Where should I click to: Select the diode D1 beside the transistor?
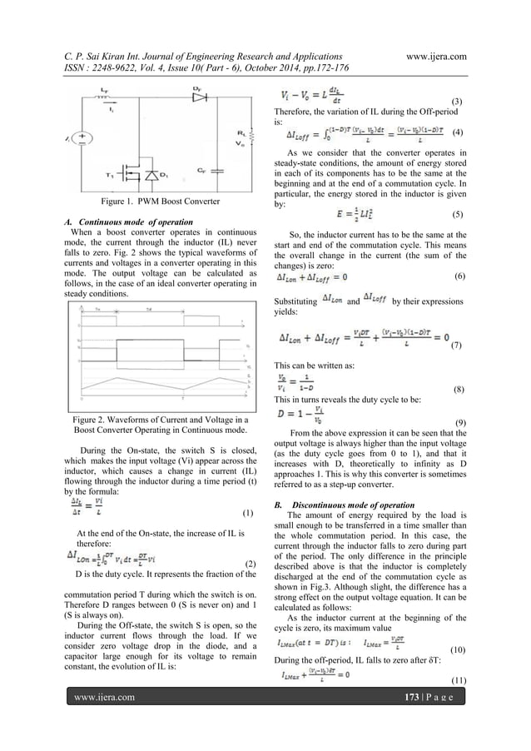[x=152, y=176]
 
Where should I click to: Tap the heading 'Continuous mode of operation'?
[x=134, y=222]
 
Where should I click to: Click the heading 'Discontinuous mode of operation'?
[x=349, y=505]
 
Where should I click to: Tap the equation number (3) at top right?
[x=456, y=101]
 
